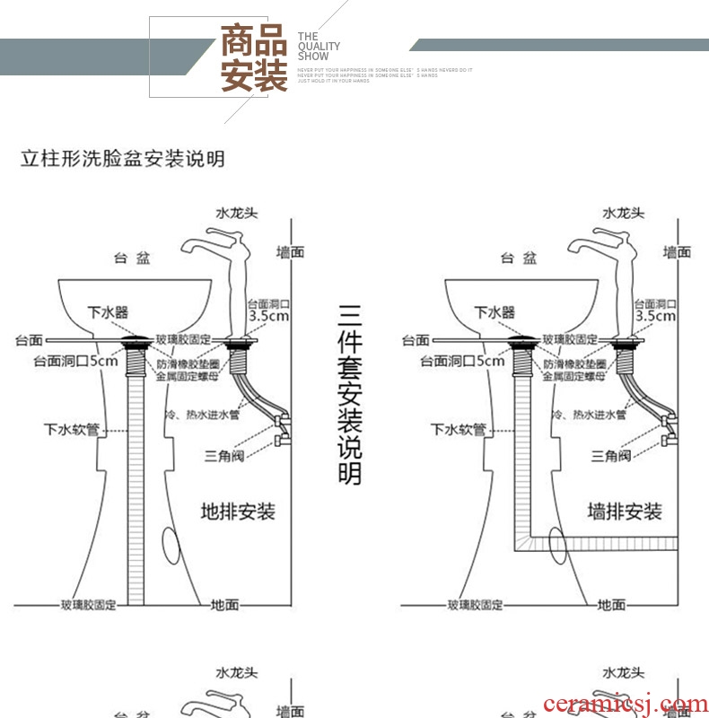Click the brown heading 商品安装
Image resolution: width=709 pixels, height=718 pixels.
click(254, 59)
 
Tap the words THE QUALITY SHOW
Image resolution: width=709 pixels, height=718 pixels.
click(319, 47)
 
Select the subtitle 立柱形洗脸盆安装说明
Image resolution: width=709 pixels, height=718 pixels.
click(123, 160)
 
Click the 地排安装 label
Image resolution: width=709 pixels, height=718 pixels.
click(238, 512)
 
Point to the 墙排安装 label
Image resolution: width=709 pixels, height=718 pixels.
click(626, 512)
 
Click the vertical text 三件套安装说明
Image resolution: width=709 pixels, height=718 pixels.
click(350, 394)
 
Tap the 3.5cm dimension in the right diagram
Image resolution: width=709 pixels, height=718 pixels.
click(655, 316)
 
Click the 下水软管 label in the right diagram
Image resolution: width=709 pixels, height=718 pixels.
click(458, 429)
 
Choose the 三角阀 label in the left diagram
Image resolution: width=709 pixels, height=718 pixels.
click(223, 455)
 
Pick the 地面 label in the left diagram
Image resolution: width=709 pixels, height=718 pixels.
click(225, 605)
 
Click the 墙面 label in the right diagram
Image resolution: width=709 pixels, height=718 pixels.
click(678, 253)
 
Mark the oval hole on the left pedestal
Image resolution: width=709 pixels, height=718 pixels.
click(171, 544)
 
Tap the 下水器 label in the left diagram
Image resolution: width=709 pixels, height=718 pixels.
click(107, 312)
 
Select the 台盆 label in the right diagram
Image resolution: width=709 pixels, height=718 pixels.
click(520, 258)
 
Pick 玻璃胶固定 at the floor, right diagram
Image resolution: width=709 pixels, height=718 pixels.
click(476, 605)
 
